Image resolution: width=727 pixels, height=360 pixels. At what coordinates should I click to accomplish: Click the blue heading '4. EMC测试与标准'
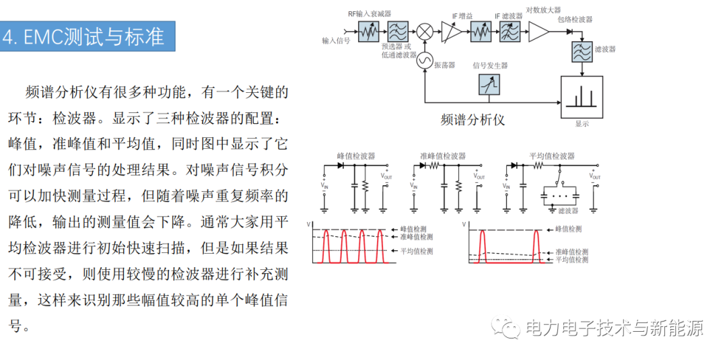(x=88, y=36)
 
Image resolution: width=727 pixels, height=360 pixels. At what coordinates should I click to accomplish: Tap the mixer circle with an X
(x=424, y=32)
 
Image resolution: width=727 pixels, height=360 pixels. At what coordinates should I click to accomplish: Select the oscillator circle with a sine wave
(x=424, y=61)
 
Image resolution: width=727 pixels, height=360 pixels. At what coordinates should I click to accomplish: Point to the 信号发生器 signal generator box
(x=490, y=84)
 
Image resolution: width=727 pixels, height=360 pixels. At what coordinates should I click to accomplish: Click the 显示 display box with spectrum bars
(x=582, y=98)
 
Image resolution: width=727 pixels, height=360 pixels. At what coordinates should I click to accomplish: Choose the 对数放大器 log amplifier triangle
(x=539, y=32)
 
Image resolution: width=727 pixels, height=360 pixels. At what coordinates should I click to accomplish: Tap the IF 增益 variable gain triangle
(x=452, y=32)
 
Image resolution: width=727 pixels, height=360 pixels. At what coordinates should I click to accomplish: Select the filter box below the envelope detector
(x=582, y=51)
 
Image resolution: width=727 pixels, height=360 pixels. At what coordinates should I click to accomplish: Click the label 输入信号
(x=336, y=41)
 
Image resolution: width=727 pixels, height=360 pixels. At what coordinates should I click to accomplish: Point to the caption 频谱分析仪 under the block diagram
(x=472, y=120)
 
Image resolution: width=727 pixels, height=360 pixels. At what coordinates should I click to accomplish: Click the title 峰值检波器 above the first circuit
(x=355, y=155)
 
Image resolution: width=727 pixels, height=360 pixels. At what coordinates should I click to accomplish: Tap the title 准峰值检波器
(x=443, y=155)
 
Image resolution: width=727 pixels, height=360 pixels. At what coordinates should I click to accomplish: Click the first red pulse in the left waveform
(x=325, y=246)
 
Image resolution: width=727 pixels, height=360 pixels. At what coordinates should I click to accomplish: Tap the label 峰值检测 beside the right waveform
(x=568, y=229)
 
